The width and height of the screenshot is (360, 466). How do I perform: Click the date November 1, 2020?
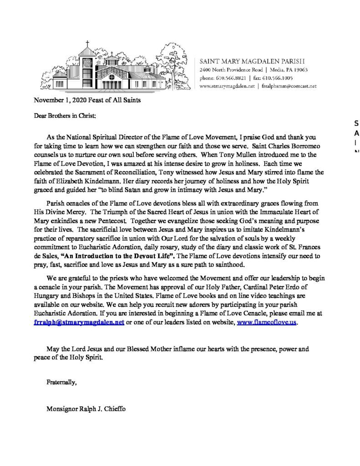pos(61,100)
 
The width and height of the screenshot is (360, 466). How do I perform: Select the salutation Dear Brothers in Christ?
pos(65,115)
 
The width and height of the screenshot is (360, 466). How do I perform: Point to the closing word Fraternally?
pos(61,382)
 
